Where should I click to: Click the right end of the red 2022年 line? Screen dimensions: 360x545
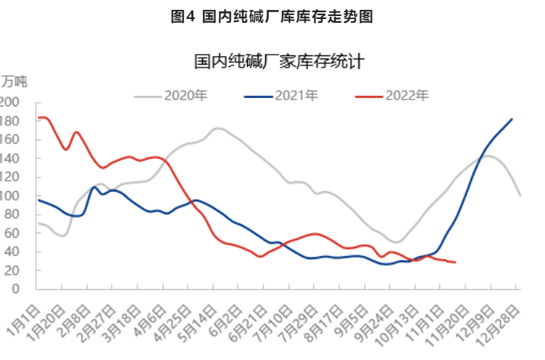455,262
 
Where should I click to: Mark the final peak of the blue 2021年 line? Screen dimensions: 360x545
512,119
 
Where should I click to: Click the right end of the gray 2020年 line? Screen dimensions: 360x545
520,195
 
